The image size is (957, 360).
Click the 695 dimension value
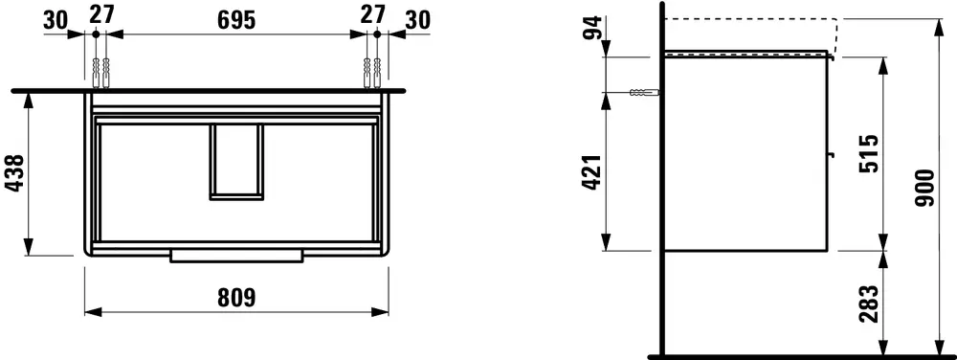(x=236, y=20)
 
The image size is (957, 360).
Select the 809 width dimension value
(x=236, y=298)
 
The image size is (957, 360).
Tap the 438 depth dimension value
(x=16, y=173)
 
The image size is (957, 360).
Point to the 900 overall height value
(x=925, y=188)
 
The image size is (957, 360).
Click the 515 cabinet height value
(x=869, y=154)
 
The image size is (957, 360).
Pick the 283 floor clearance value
(x=869, y=304)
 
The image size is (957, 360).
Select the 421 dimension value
(x=592, y=172)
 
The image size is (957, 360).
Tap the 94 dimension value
(x=592, y=28)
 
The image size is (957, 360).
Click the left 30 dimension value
(x=56, y=20)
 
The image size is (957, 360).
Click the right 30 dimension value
(x=417, y=20)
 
